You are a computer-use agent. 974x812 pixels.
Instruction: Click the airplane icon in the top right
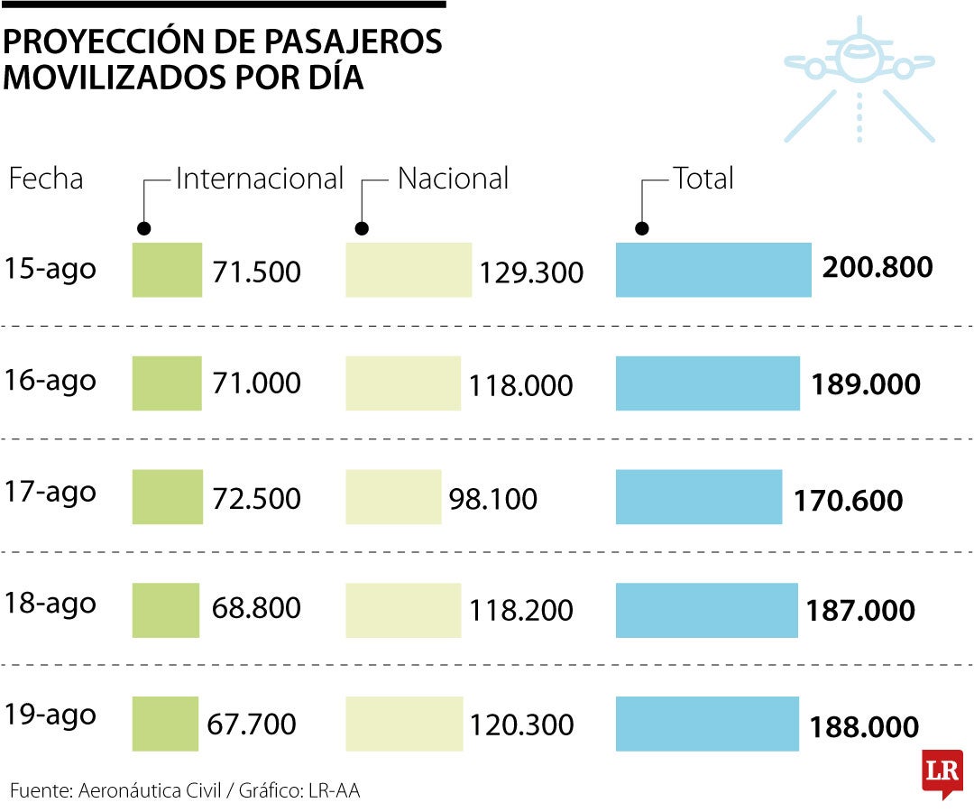[x=859, y=77]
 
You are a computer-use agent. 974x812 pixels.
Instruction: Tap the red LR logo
[x=942, y=772]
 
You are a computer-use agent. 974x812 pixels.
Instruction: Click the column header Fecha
[x=46, y=178]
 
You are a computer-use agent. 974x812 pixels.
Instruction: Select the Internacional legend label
[x=260, y=178]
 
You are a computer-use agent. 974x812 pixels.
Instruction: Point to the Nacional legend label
[x=453, y=178]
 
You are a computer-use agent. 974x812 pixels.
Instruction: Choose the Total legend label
[x=703, y=178]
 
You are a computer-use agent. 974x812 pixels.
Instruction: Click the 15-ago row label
[x=51, y=269]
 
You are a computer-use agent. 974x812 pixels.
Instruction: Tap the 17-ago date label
[x=51, y=493]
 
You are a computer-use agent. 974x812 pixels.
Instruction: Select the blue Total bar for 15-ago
[x=713, y=270]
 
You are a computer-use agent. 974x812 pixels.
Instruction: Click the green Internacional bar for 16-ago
[x=167, y=383]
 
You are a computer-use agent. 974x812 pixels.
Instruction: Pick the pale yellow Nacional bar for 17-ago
[x=393, y=497]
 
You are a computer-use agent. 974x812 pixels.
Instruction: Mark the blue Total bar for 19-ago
[x=707, y=724]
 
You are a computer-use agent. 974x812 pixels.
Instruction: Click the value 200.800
[x=878, y=267]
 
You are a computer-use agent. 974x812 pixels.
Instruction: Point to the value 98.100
[x=492, y=498]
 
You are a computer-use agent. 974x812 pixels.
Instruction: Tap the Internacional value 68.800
[x=256, y=608]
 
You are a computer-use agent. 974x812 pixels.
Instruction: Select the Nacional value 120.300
[x=521, y=724]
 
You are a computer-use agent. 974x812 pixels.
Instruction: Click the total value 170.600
[x=848, y=501]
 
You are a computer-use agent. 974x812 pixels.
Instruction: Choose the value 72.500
[x=256, y=498]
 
